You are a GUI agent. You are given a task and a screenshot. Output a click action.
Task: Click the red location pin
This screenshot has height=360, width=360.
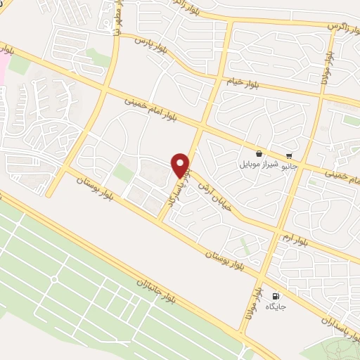coord(181,165)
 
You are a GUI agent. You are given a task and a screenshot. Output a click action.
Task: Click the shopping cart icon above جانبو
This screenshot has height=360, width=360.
coord(288,156)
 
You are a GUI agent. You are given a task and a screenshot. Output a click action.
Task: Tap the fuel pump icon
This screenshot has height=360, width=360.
coord(274,296)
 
